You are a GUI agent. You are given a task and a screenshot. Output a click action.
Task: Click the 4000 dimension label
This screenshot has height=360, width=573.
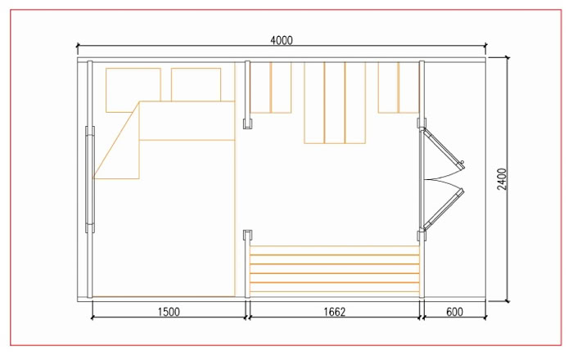click(x=282, y=40)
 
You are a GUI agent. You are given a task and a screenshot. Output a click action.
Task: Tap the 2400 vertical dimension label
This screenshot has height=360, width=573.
click(x=503, y=179)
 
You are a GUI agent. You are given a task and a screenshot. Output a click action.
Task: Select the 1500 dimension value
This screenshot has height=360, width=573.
click(x=169, y=312)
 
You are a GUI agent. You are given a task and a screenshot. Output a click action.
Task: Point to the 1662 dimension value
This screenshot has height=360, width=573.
click(x=334, y=312)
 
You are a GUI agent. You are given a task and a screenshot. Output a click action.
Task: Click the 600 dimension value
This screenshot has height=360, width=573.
click(x=454, y=312)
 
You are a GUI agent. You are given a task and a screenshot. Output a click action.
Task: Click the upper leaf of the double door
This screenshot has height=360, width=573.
click(x=443, y=148)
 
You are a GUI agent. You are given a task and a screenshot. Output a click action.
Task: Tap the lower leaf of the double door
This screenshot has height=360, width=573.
click(x=443, y=209)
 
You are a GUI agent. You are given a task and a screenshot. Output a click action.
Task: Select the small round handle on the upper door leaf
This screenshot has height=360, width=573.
click(x=462, y=162)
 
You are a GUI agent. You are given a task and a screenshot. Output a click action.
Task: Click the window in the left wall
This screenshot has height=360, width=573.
click(x=90, y=179)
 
